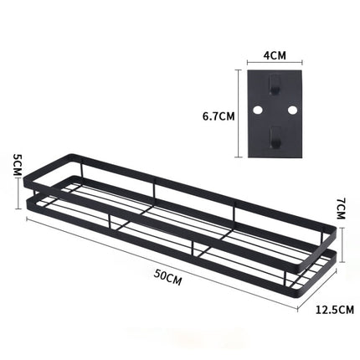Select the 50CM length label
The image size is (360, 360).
[167, 278]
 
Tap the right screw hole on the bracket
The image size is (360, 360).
[292, 110]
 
